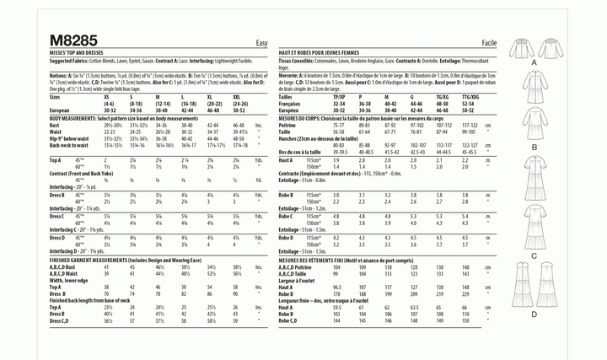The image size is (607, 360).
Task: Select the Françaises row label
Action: [x=296, y=104]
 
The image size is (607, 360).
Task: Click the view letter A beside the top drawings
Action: [x=534, y=64]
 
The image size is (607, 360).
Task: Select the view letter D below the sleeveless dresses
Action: [x=534, y=314]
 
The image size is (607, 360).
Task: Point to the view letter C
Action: [x=534, y=255]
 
